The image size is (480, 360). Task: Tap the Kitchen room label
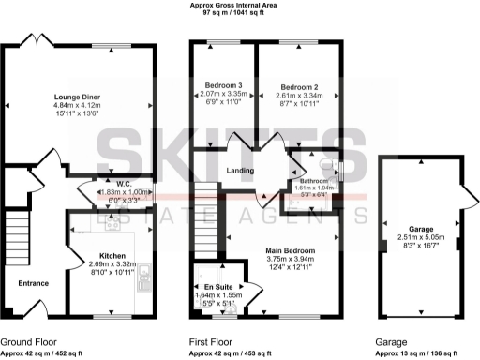[99, 255]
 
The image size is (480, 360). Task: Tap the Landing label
[242, 170]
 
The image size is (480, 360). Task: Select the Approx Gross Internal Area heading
[240, 6]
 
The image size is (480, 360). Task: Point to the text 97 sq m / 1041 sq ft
[240, 15]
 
